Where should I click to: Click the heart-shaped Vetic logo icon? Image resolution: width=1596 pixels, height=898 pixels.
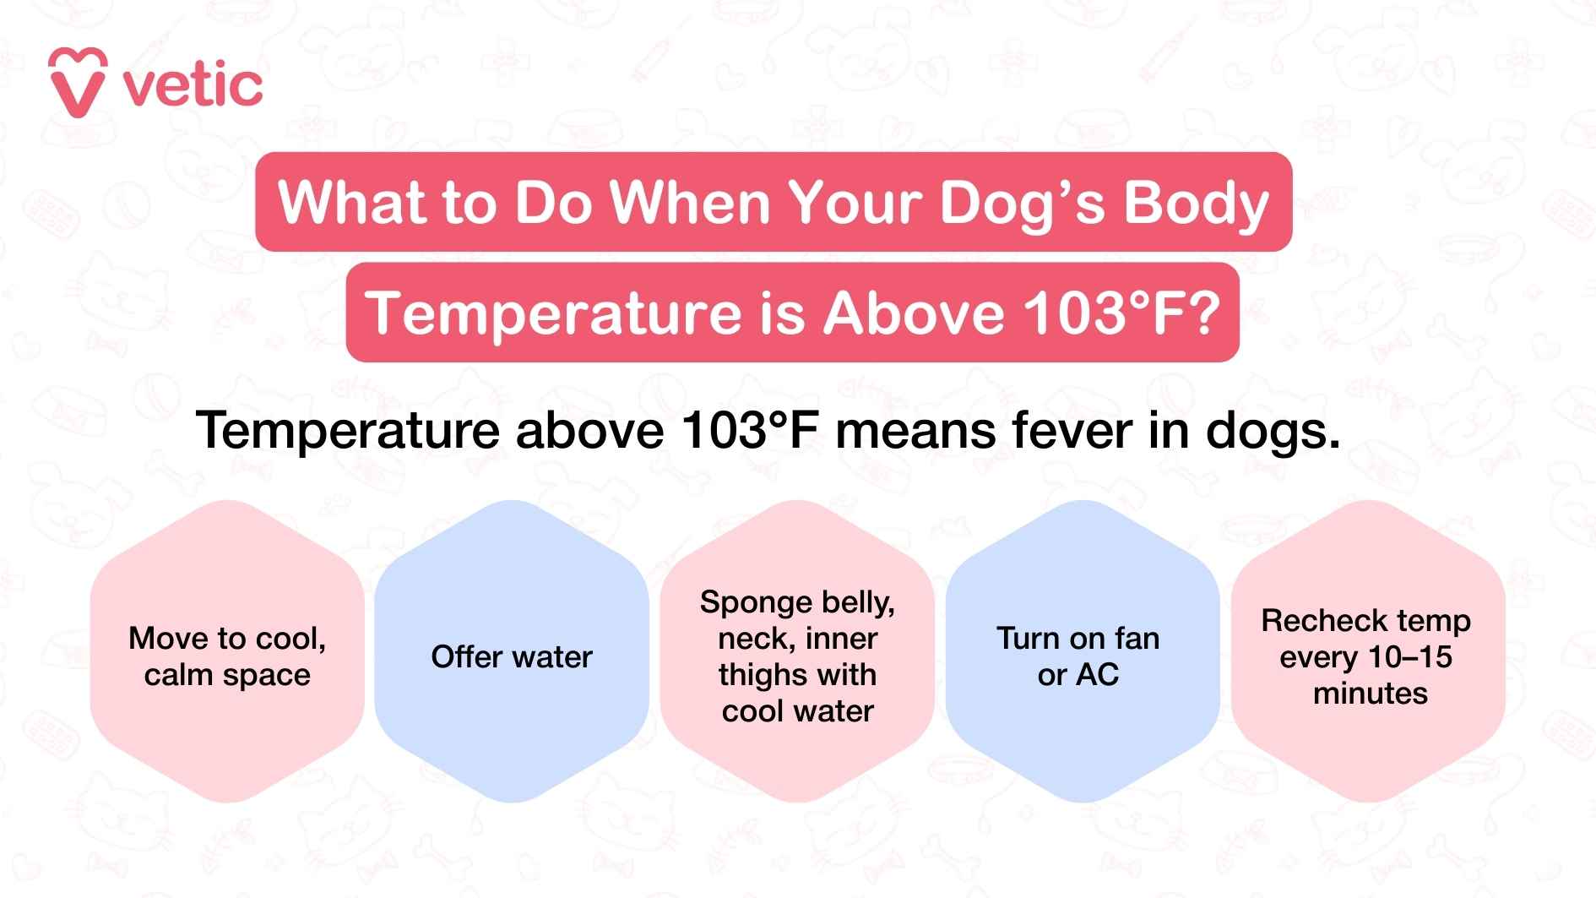[78, 82]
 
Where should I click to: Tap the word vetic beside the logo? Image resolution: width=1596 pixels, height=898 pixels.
[193, 85]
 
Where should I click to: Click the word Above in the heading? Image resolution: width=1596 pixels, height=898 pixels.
[915, 313]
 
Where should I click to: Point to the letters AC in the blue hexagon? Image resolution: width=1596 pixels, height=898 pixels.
[1099, 675]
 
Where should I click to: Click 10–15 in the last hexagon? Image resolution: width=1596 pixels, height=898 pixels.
[1408, 657]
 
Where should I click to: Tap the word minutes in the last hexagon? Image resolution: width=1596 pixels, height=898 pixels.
[1370, 694]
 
